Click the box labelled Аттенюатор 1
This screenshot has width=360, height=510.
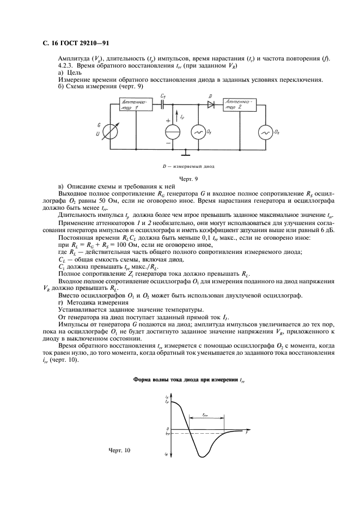point(135,105)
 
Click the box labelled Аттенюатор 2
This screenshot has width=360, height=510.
point(240,105)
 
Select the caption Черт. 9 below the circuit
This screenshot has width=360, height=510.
point(188,178)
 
